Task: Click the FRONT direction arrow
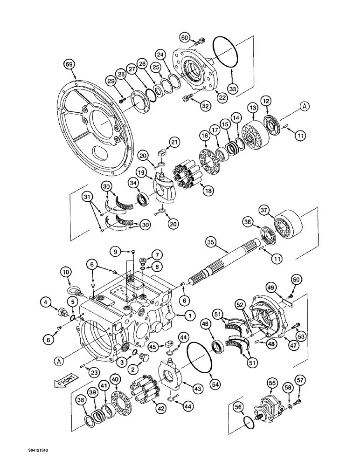(x=60, y=383)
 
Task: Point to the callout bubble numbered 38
(x=82, y=399)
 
